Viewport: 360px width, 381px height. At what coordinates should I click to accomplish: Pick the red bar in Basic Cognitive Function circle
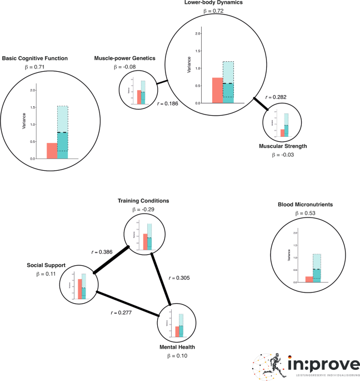[52, 151]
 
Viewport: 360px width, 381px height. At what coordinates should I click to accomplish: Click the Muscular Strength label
[282, 146]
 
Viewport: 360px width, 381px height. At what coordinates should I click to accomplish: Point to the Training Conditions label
[143, 200]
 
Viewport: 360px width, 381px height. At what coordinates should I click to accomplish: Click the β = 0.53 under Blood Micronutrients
[305, 213]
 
